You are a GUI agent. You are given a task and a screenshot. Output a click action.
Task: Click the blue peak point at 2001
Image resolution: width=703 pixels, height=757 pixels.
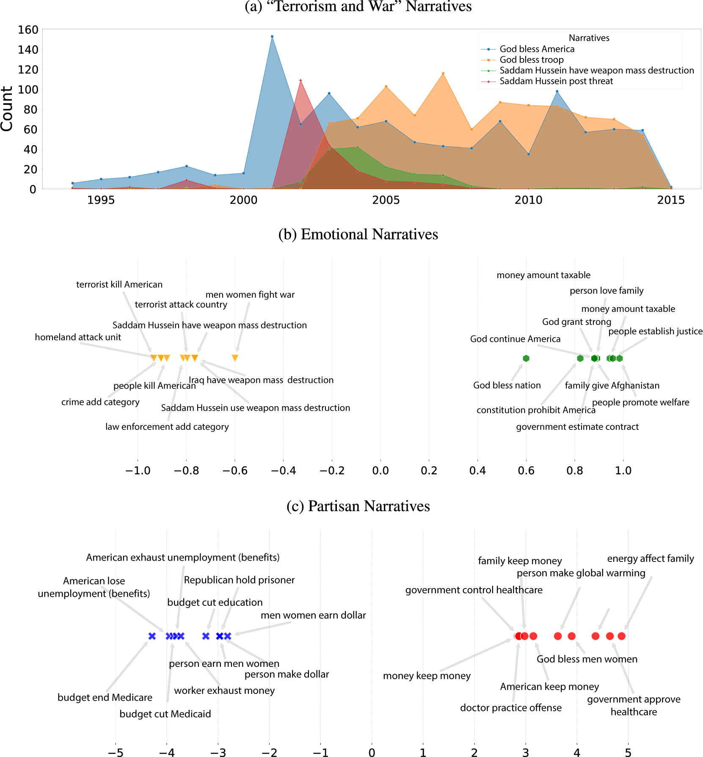272,36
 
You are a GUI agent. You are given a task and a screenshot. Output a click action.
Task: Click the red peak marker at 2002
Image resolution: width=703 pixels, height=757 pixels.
300,80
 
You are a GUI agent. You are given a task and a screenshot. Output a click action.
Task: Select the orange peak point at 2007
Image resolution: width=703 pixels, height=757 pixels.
443,74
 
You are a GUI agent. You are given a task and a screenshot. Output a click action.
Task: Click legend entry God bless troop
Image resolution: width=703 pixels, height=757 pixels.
531,60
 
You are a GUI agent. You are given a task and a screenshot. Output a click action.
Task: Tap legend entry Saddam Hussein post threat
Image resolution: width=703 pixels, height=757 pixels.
556,81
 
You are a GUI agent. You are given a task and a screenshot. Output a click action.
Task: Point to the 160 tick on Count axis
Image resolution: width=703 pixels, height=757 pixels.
28,30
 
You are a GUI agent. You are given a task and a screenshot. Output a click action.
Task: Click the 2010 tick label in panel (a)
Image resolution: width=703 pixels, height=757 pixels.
528,200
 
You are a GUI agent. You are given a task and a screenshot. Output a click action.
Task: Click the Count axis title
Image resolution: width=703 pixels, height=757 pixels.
7,109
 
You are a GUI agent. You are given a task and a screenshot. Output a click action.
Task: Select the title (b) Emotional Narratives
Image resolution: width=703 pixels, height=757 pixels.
358,234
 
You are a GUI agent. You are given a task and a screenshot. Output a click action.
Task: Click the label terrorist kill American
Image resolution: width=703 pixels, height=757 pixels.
119,284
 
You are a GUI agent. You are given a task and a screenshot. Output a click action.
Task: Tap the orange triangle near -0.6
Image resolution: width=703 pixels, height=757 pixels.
235,358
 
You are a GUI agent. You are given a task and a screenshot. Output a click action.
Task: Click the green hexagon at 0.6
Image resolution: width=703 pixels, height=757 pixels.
526,358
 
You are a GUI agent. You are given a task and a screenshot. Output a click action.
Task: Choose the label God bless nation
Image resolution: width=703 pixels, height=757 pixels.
507,385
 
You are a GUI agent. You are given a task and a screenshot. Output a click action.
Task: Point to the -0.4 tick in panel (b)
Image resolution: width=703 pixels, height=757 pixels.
283,471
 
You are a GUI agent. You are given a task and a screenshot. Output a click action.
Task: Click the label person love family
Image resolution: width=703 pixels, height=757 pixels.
607,291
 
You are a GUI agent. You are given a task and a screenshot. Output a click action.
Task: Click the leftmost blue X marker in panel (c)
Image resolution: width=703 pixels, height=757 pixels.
152,636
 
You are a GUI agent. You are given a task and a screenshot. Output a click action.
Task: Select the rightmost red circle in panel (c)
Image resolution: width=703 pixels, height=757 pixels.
621,636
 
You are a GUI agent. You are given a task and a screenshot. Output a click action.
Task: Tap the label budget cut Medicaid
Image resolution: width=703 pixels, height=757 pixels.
165,714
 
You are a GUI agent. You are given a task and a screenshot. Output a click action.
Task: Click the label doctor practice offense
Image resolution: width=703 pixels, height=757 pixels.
511,708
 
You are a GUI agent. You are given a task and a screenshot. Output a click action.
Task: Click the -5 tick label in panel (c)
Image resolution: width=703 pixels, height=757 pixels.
115,752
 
